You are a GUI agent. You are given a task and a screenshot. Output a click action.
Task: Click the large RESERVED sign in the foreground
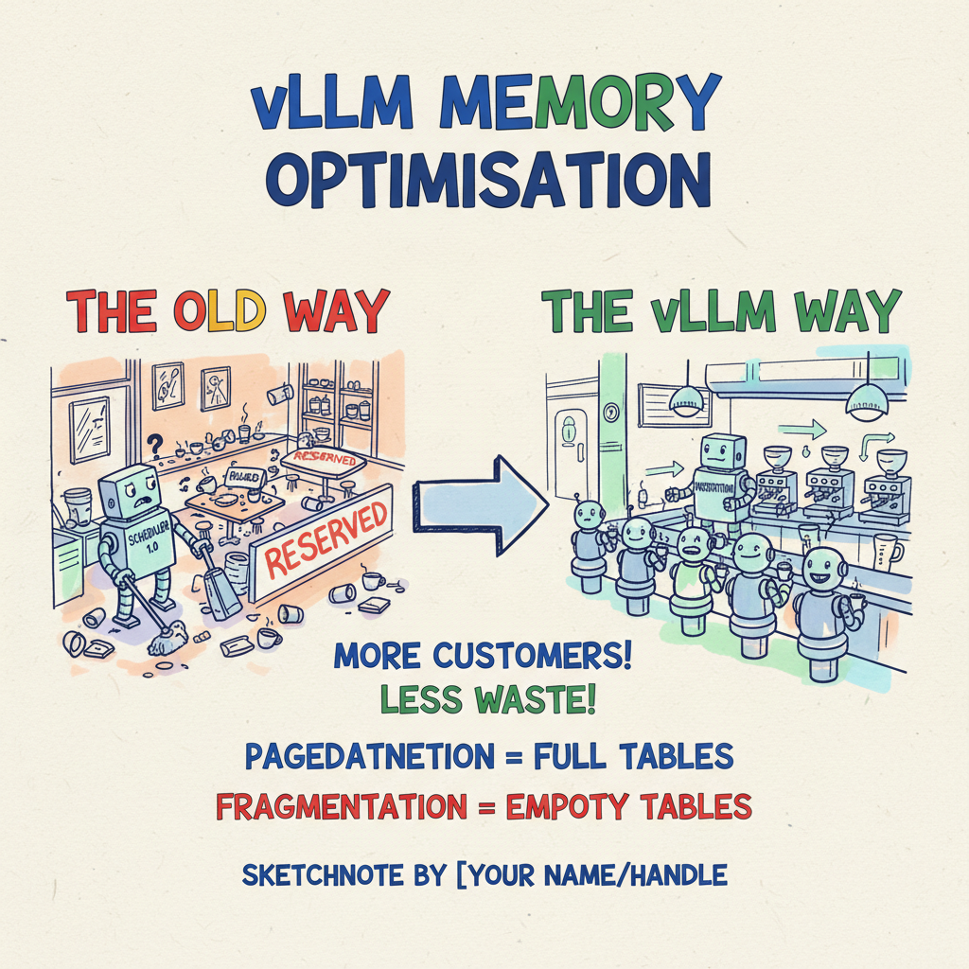pyautogui.click(x=326, y=541)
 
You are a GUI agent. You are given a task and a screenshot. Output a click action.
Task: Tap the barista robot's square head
pyautogui.click(x=724, y=455)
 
